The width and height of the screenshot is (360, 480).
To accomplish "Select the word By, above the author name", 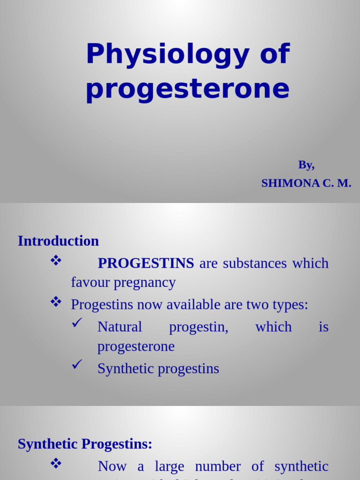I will pyautogui.click(x=306, y=165).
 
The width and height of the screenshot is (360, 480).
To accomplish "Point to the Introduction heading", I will pyautogui.click(x=58, y=241).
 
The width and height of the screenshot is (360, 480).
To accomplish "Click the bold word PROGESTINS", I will pyautogui.click(x=146, y=263).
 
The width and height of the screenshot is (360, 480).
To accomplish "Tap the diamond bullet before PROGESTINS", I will pyautogui.click(x=56, y=261).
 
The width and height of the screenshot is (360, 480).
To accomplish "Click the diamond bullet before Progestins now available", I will pyautogui.click(x=56, y=302).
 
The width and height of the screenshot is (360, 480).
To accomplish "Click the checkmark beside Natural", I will pyautogui.click(x=77, y=323).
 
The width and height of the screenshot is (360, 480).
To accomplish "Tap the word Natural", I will pyautogui.click(x=120, y=327).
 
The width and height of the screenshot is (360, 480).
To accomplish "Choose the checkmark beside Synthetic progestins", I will pyautogui.click(x=77, y=364).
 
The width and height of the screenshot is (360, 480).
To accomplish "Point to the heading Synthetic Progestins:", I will pyautogui.click(x=85, y=444).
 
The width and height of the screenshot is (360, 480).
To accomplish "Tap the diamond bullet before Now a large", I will pyautogui.click(x=56, y=464).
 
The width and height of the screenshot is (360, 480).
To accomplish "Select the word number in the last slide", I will pyautogui.click(x=217, y=466).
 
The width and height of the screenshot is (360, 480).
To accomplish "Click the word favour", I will pyautogui.click(x=90, y=282).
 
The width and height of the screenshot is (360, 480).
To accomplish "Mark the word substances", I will pyautogui.click(x=255, y=263).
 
